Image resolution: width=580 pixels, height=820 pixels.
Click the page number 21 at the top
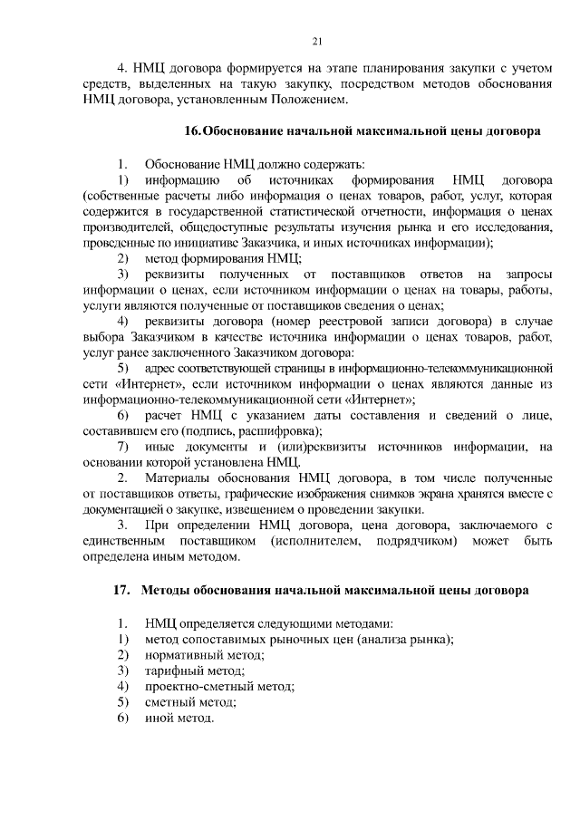coord(316,40)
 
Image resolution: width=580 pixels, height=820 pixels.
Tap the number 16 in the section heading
coord(190,130)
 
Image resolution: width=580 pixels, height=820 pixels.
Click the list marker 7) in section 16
coord(123,447)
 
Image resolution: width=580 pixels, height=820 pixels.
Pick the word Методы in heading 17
coord(167,590)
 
